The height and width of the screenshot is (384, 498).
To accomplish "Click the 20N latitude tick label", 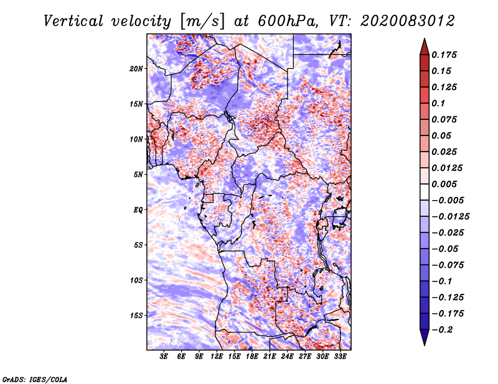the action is click(x=136, y=69).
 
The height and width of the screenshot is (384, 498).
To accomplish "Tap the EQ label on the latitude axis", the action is click(x=138, y=210).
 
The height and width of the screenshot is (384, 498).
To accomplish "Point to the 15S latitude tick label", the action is click(x=136, y=316).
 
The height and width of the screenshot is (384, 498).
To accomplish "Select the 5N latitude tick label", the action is click(x=138, y=175).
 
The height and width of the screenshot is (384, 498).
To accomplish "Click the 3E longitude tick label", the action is click(x=164, y=357).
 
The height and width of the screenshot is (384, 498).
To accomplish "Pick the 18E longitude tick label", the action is click(x=251, y=357).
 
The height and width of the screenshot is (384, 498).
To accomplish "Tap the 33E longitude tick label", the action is click(x=340, y=357).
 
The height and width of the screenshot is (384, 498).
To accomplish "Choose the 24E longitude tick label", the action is click(x=287, y=357).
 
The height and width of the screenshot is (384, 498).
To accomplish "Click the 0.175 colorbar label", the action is click(x=444, y=55).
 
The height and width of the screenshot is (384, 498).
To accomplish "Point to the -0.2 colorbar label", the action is click(x=442, y=330).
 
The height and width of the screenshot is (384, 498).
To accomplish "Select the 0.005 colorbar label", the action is click(x=444, y=184).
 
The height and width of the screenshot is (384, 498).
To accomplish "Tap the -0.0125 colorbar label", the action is click(x=450, y=217).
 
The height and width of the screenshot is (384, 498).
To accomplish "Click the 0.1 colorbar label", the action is click(x=438, y=103).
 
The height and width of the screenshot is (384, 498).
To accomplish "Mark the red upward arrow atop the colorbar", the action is click(x=425, y=47).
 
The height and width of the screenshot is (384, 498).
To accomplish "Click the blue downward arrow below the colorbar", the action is click(x=425, y=337).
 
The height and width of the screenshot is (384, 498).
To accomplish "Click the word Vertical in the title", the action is click(x=73, y=21).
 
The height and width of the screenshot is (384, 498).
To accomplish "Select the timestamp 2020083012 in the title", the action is click(x=408, y=21).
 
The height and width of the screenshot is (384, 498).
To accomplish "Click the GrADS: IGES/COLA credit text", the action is click(x=35, y=379).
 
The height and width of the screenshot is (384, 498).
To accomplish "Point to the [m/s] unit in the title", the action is click(x=202, y=21).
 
